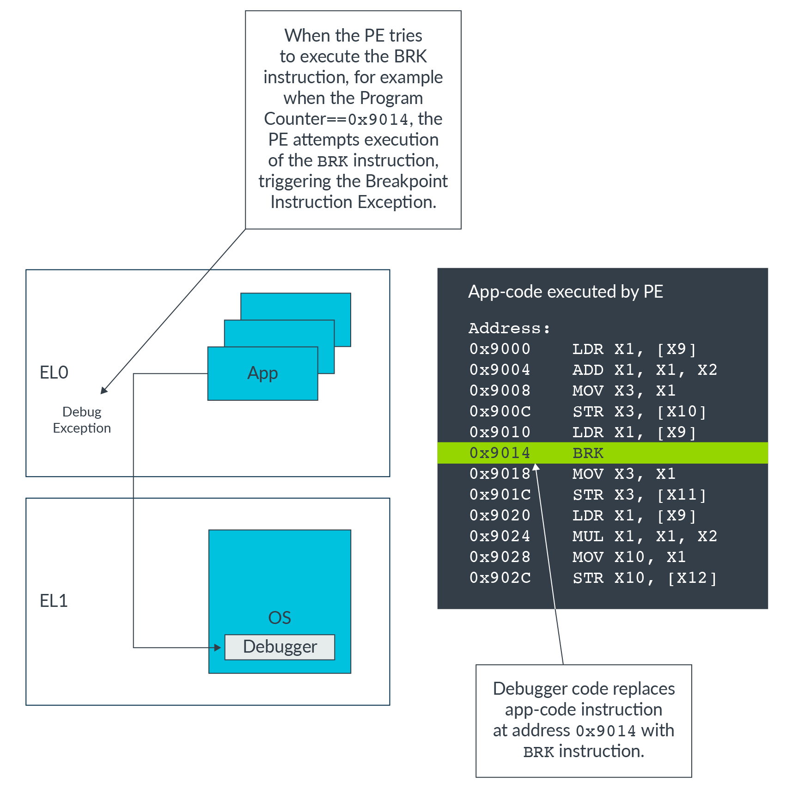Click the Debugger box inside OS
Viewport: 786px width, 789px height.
point(280,647)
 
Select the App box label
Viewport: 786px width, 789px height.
point(262,373)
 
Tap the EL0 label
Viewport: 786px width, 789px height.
point(54,373)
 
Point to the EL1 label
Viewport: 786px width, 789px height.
point(54,601)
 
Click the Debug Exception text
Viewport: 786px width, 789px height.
point(82,420)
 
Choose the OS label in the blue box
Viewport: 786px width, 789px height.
point(280,618)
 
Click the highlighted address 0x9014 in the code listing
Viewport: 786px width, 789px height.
point(500,453)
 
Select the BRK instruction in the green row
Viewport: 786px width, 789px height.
point(588,453)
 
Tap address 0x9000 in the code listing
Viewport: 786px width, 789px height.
point(500,349)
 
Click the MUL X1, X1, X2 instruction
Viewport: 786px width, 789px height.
point(644,536)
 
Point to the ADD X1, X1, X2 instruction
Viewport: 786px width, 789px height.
point(644,370)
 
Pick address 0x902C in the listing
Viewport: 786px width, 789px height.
point(500,578)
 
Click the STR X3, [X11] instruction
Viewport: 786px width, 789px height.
point(639,495)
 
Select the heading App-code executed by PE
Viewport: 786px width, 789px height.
point(566,292)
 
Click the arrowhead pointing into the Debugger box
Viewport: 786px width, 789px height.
point(218,648)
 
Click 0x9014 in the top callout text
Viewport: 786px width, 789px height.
point(378,120)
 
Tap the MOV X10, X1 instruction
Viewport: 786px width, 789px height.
point(629,557)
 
